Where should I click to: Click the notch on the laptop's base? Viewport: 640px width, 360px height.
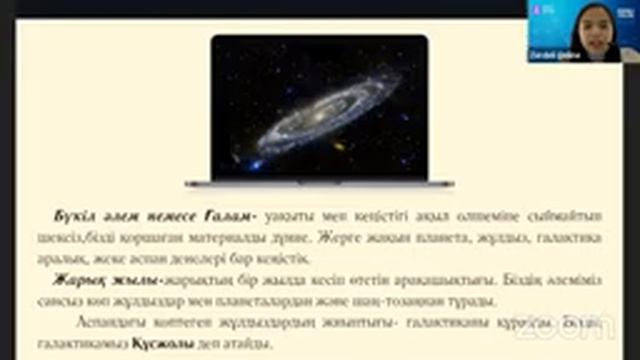(x=319, y=183)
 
